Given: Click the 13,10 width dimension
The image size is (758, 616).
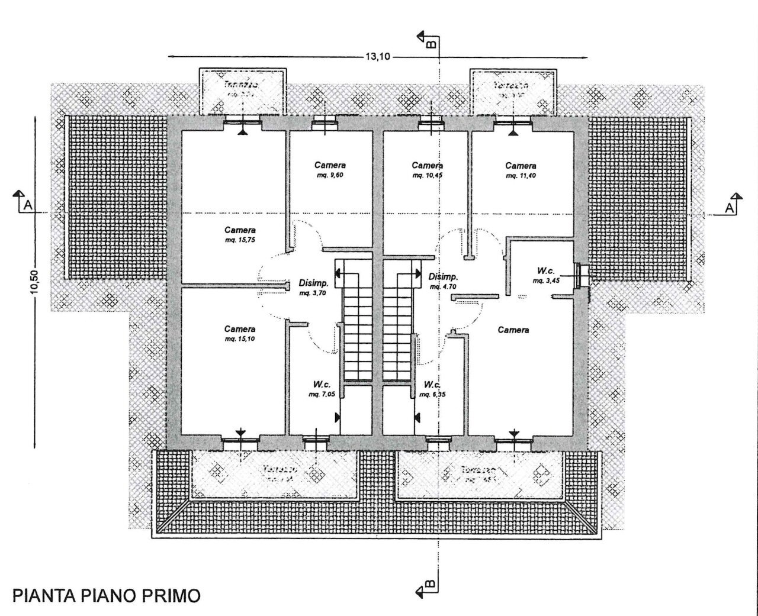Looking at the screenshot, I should pos(378,57).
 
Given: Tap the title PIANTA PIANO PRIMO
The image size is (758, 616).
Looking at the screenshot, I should pos(107,595).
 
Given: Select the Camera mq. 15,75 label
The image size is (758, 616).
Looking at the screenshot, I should pos(240,234).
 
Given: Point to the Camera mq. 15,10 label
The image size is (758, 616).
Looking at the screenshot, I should pos(240,334).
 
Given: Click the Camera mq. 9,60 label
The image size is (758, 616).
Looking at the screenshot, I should pos(330,170).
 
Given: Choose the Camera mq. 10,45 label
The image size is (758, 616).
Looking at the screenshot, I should pos(427,170).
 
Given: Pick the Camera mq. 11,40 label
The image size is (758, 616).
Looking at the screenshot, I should pos(521,170).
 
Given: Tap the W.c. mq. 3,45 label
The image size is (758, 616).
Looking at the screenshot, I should pos(545,275).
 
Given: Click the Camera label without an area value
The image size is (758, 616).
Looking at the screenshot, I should pos(513,330).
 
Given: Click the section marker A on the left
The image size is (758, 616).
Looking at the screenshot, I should pos(23,203).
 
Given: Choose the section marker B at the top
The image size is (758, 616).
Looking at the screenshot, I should pos(428,40).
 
